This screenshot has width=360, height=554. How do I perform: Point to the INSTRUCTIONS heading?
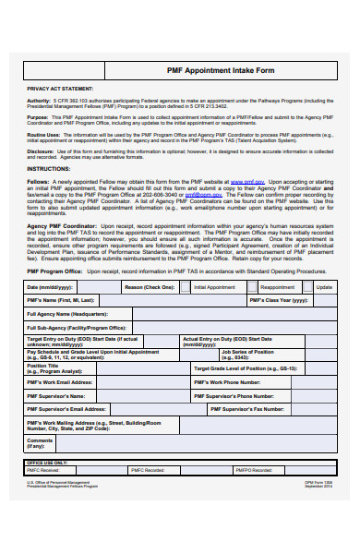pyautogui.click(x=48, y=170)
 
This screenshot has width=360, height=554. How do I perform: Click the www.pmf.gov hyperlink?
pyautogui.click(x=243, y=183)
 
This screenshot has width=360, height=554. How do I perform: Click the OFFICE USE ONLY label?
pyautogui.click(x=47, y=462)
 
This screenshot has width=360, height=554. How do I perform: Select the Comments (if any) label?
pyautogui.click(x=41, y=444)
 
